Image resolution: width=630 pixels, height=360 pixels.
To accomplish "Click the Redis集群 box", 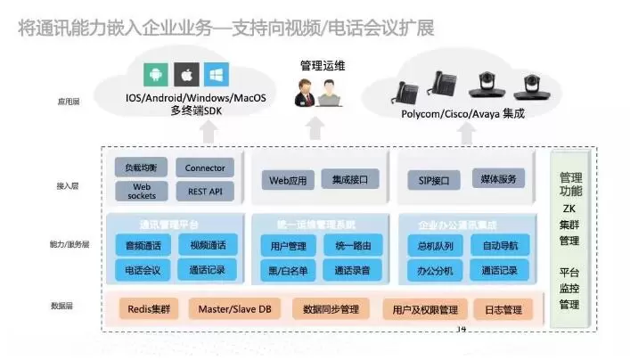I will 149,309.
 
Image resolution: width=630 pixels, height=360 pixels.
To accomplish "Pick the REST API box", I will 205,191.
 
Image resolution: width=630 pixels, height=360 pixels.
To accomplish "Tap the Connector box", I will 205,168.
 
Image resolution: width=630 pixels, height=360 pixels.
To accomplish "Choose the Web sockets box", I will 143,191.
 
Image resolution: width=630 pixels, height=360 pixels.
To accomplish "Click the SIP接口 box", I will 433,181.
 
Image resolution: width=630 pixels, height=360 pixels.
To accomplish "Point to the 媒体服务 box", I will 497,179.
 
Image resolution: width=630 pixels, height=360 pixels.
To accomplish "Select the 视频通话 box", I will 207,245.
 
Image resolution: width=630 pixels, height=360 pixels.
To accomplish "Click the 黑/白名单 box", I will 288,270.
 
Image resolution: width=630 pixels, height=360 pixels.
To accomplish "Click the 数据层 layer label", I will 62,307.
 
